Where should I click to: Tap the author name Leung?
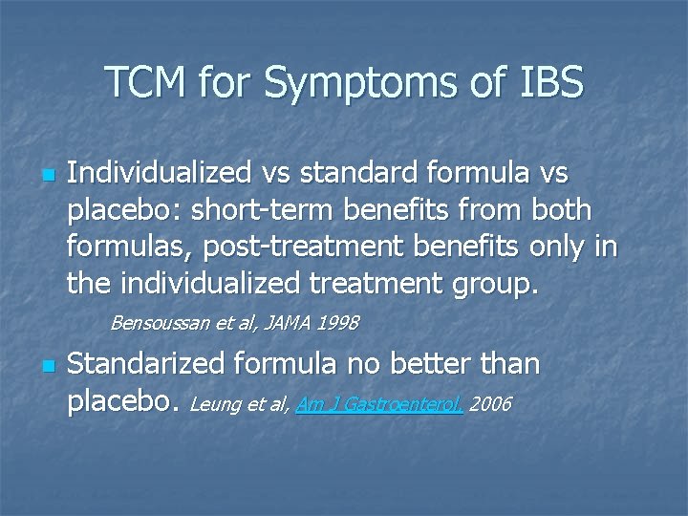pos(215,404)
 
